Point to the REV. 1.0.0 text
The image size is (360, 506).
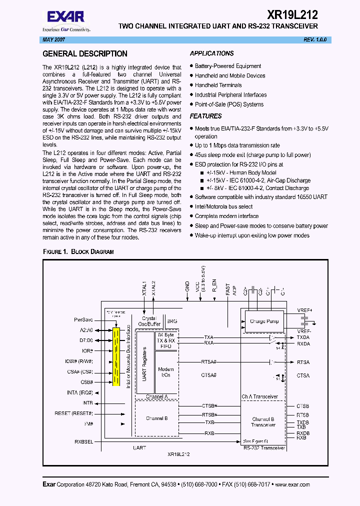point(315,39)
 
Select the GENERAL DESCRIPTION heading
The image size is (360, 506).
point(85,53)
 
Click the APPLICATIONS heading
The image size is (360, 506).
point(211,53)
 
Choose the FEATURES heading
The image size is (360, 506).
point(205,116)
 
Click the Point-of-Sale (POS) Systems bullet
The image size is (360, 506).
point(229,104)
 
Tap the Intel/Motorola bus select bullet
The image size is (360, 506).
point(223,206)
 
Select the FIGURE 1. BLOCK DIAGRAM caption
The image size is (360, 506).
point(78,251)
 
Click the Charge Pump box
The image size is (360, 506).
point(264,321)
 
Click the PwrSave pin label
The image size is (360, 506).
point(83,319)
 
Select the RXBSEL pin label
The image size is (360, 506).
point(84,441)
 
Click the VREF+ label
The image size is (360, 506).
point(304,310)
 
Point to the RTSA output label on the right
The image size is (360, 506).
point(303,362)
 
